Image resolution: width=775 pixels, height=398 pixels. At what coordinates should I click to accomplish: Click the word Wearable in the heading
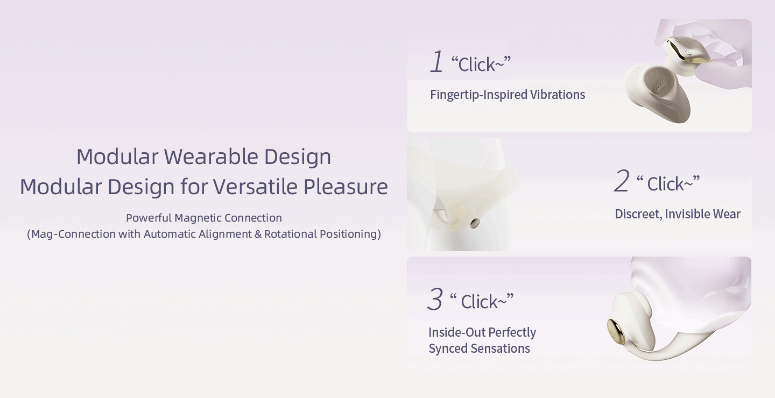211,157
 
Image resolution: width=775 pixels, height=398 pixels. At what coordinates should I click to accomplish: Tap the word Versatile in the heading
255,187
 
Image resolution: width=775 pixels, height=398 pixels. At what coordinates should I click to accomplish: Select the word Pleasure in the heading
346,187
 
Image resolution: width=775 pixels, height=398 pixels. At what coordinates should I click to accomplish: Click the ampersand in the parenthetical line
258,234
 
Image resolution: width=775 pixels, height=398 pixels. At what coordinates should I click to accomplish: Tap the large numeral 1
436,61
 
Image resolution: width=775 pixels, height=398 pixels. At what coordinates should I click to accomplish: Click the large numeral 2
622,181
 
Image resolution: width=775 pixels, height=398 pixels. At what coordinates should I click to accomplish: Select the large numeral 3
435,298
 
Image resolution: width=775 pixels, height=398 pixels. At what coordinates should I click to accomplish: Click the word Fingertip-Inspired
478,95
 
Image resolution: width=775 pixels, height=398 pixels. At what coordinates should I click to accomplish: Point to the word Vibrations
558,95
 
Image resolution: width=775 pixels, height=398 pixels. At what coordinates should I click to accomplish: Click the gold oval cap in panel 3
616,331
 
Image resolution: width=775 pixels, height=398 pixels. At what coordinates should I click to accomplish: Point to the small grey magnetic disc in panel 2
475,223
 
